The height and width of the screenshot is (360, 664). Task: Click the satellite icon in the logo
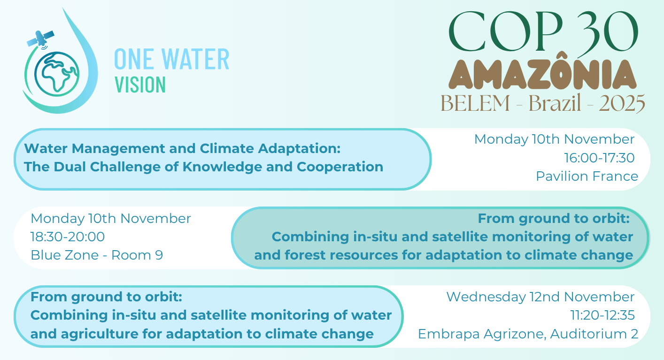(x=40, y=39)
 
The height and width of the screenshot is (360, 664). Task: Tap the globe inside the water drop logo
(x=57, y=74)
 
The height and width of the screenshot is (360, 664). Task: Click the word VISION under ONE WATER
(x=140, y=85)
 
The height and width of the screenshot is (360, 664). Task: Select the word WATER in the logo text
(x=196, y=59)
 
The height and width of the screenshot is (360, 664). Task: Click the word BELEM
(x=475, y=103)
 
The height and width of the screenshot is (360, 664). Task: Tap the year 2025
(x=622, y=103)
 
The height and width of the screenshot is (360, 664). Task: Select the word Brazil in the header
(x=555, y=103)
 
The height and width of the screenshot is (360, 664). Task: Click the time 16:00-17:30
(x=599, y=158)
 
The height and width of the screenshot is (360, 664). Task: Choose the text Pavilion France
(x=587, y=176)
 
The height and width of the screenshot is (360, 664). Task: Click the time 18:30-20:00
(x=68, y=237)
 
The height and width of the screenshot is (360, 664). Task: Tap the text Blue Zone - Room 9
(x=97, y=255)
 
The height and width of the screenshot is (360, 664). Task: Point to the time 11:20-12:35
(x=602, y=315)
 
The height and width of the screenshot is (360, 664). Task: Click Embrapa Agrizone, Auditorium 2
(x=528, y=334)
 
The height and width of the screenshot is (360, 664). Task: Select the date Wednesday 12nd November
(x=540, y=297)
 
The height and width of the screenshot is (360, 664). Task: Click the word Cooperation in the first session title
(x=340, y=167)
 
